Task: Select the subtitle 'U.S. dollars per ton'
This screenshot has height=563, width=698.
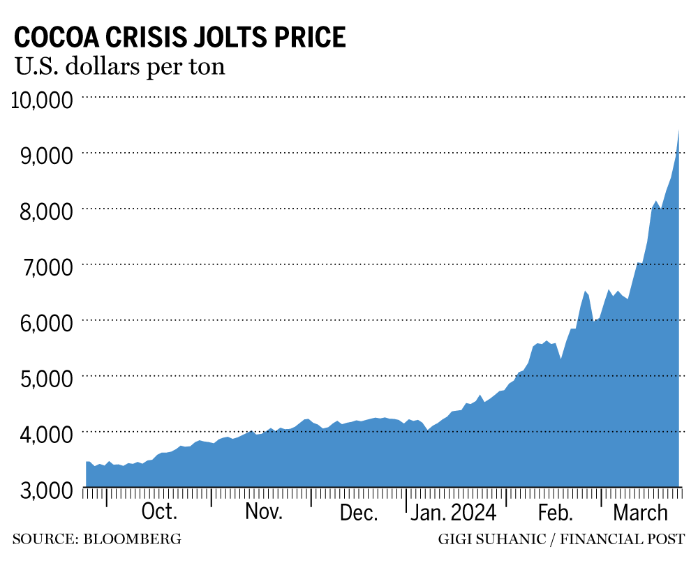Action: point(119,68)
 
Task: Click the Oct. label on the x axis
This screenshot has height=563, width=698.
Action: point(159,513)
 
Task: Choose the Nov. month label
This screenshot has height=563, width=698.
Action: point(263,513)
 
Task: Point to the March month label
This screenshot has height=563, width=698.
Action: point(640,513)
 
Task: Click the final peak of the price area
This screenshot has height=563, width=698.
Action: point(678,132)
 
